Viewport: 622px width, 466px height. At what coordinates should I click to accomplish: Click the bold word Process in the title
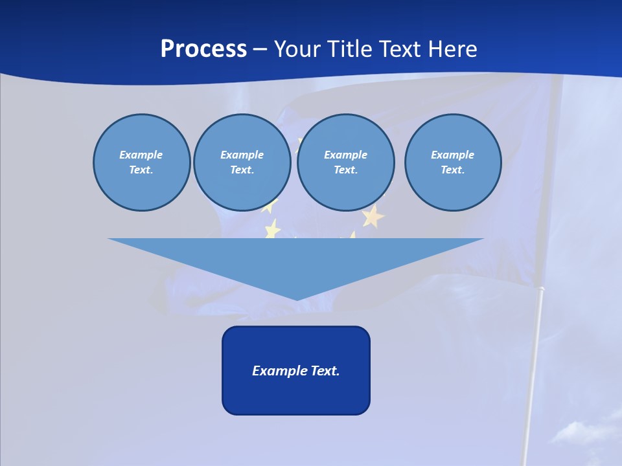(x=203, y=49)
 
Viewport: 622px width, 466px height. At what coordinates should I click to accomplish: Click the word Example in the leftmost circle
(x=141, y=155)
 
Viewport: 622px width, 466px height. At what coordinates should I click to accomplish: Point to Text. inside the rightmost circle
(x=453, y=170)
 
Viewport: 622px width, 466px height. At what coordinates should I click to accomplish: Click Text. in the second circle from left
(x=242, y=170)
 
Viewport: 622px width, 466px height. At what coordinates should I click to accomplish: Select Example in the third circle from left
(x=346, y=155)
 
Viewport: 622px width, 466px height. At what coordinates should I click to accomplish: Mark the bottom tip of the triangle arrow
(x=297, y=298)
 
